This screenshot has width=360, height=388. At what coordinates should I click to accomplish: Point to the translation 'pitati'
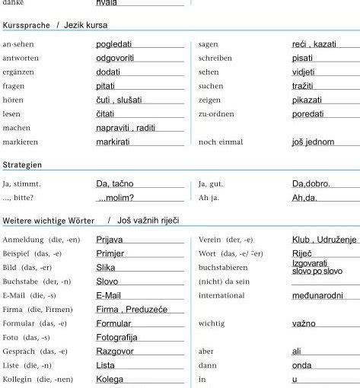click(x=106, y=86)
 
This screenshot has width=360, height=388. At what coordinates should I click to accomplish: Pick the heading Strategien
click(x=22, y=164)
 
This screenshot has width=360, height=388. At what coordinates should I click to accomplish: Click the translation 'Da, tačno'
click(x=115, y=183)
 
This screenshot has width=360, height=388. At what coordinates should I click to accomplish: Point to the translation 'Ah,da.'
click(x=305, y=198)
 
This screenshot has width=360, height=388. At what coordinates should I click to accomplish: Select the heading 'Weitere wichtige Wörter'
click(x=49, y=220)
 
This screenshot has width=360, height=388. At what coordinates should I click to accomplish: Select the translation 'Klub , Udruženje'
click(x=323, y=240)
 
